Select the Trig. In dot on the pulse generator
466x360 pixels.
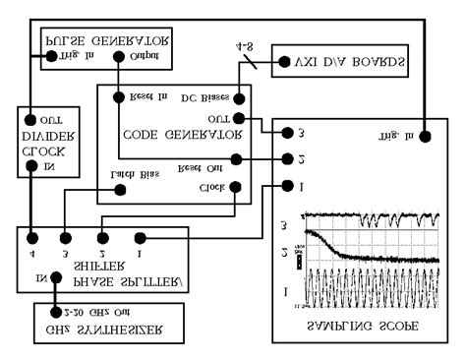coord(52,57)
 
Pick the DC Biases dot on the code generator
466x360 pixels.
coord(235,98)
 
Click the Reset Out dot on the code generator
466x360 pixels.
coord(235,158)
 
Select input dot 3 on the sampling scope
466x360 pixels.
coord(286,133)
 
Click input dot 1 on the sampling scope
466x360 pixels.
coord(286,185)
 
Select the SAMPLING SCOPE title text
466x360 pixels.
coord(364,325)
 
